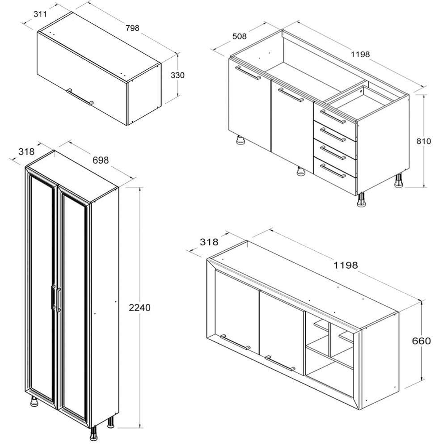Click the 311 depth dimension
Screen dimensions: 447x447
click(x=40, y=14)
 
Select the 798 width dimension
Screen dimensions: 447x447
click(x=133, y=28)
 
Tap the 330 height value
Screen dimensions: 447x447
click(x=177, y=75)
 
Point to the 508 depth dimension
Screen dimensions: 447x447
click(x=240, y=37)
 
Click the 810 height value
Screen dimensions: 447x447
click(x=424, y=141)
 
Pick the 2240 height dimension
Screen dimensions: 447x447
click(x=139, y=308)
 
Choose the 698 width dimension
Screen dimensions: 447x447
click(x=101, y=160)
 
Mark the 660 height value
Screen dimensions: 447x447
click(x=422, y=341)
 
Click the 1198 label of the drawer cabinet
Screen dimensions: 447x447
click(x=360, y=54)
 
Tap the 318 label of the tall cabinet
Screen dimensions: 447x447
click(x=26, y=152)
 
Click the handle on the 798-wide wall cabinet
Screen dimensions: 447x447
click(x=80, y=97)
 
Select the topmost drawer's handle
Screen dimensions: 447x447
click(x=333, y=116)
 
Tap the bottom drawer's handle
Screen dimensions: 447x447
click(x=333, y=171)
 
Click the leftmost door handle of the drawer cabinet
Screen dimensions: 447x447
click(x=248, y=73)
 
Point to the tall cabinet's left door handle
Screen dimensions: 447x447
click(x=53, y=297)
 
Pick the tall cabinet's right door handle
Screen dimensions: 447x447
click(x=59, y=300)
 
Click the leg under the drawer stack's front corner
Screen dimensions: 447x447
click(x=362, y=199)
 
